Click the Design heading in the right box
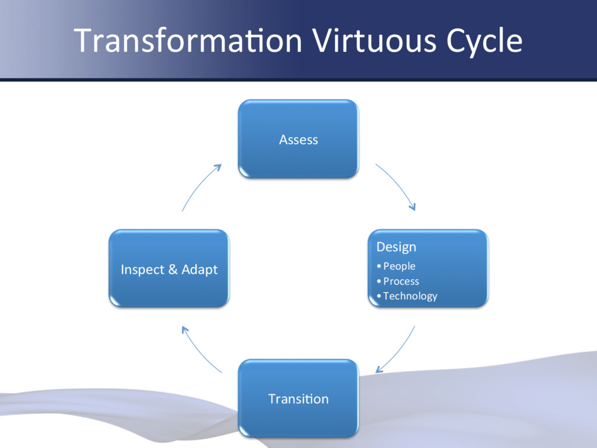(396, 247)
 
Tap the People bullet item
(399, 266)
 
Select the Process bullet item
(401, 281)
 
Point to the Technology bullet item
(410, 296)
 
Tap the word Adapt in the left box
(199, 269)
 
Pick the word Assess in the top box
(298, 139)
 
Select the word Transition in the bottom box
(298, 399)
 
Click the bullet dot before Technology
(379, 296)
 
